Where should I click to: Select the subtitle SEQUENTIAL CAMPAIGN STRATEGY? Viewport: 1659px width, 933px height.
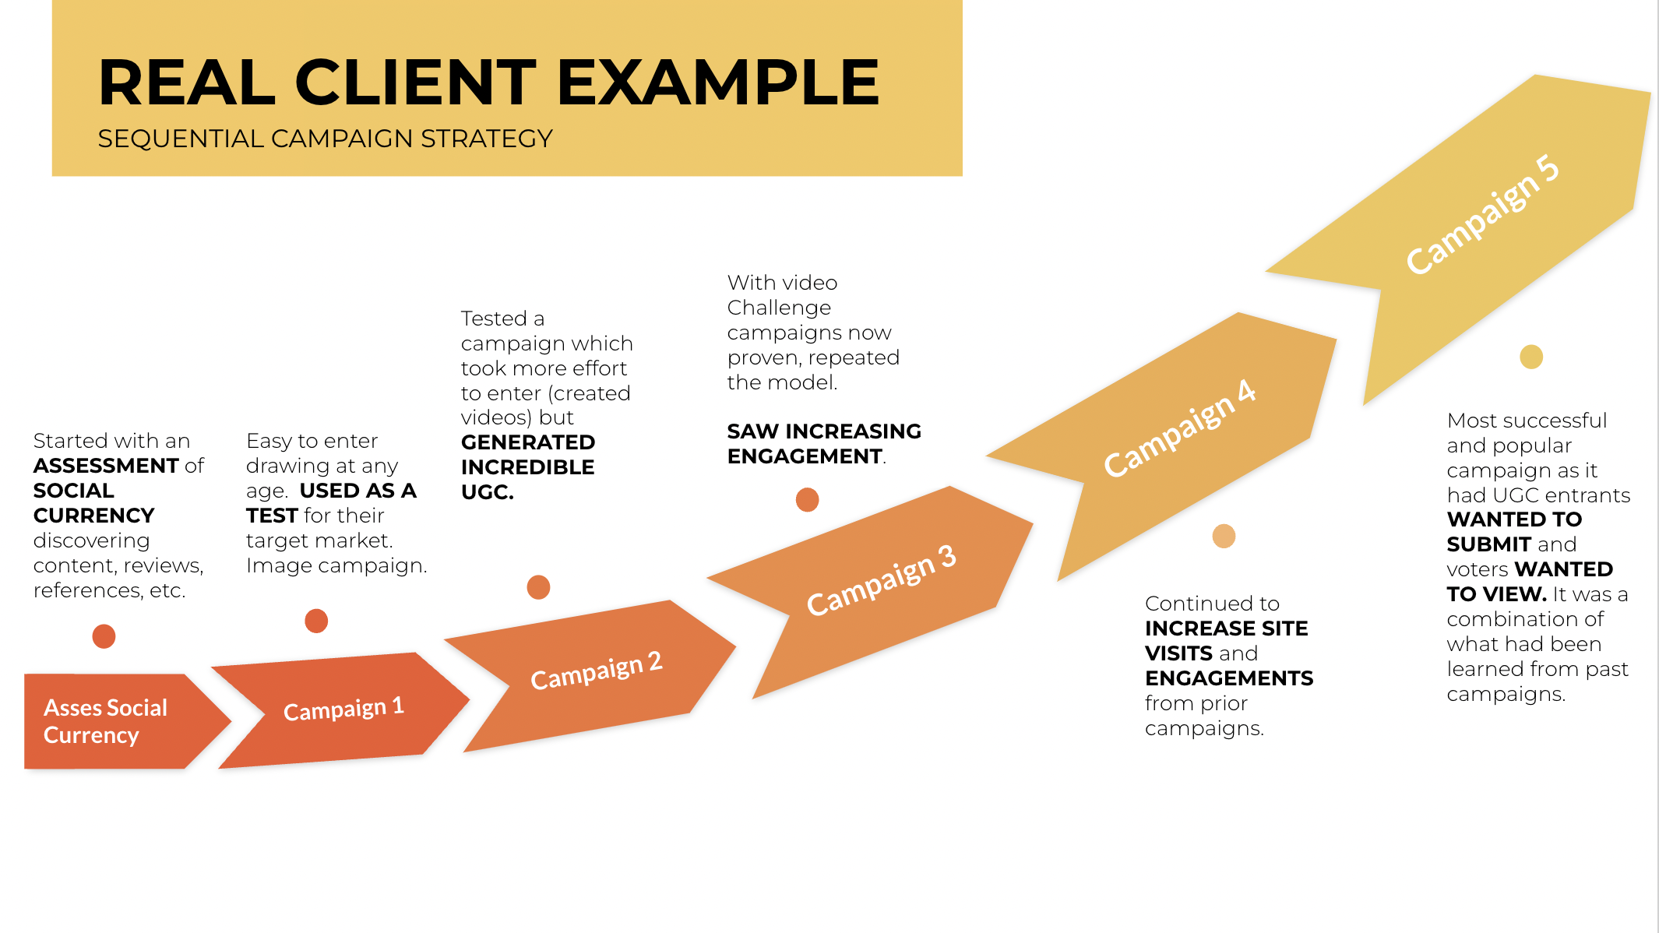pyautogui.click(x=325, y=139)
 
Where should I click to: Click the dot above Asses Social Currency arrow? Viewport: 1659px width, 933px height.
pyautogui.click(x=104, y=636)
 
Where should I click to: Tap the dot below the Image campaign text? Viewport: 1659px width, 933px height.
pyautogui.click(x=316, y=621)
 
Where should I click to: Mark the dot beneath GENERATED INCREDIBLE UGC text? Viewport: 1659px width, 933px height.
pyautogui.click(x=538, y=587)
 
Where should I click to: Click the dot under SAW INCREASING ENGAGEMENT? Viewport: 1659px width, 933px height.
pyautogui.click(x=807, y=499)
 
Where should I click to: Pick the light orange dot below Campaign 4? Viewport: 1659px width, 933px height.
pyautogui.click(x=1224, y=536)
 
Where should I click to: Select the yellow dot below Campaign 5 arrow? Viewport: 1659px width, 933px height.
pyautogui.click(x=1531, y=357)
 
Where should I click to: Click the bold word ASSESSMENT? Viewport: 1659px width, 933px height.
pyautogui.click(x=106, y=466)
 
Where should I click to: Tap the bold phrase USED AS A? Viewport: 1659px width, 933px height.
pyautogui.click(x=358, y=491)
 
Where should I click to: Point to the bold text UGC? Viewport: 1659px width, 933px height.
pyautogui.click(x=488, y=492)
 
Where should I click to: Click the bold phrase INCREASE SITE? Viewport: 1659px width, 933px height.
pyautogui.click(x=1227, y=628)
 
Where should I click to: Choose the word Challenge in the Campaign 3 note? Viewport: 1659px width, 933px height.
pyautogui.click(x=779, y=308)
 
